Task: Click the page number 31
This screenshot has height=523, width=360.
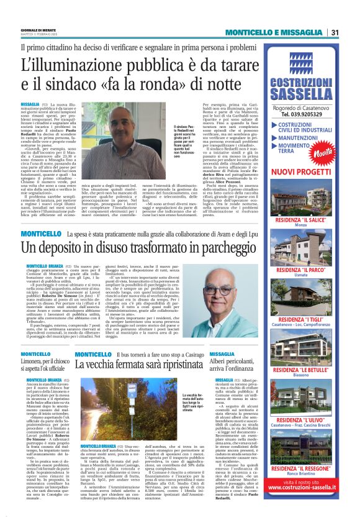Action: (335, 32)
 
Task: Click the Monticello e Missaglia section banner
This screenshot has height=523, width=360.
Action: (275, 32)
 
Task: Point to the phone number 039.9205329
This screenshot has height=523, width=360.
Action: (303, 114)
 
